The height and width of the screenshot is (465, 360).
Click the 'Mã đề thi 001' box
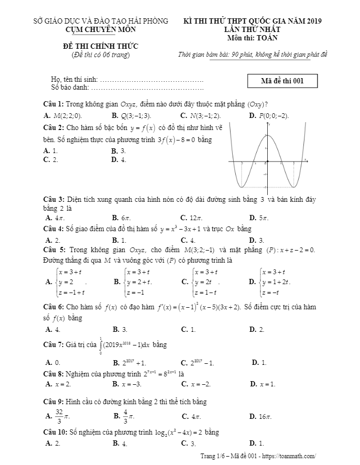tap(282, 81)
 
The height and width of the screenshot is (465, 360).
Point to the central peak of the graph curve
tap(267, 135)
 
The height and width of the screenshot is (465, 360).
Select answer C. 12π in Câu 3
tap(192, 218)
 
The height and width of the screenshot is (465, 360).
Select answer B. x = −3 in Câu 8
tap(127, 384)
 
